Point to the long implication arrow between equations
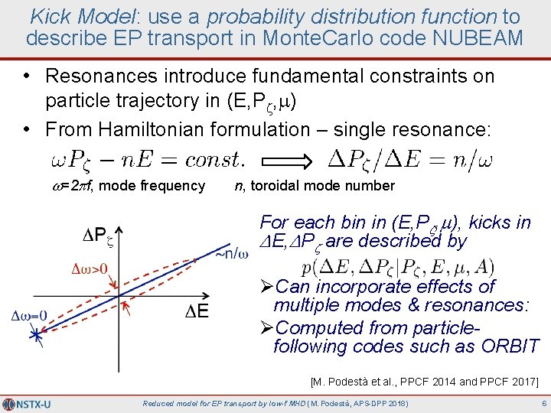click(x=286, y=159)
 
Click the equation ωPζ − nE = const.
click(x=147, y=159)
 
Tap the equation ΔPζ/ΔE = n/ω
click(x=409, y=159)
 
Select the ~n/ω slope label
click(x=230, y=252)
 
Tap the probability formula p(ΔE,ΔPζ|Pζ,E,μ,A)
click(x=398, y=268)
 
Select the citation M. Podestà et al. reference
click(x=425, y=381)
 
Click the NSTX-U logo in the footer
click(x=28, y=403)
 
